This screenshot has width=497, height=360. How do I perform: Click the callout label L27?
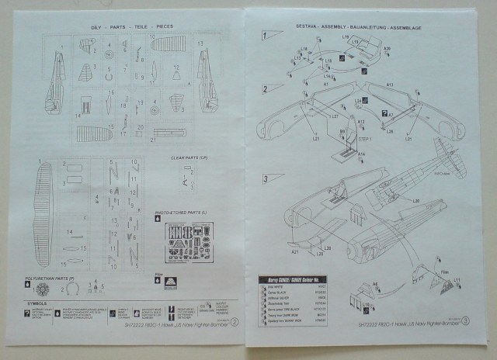[334, 116]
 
